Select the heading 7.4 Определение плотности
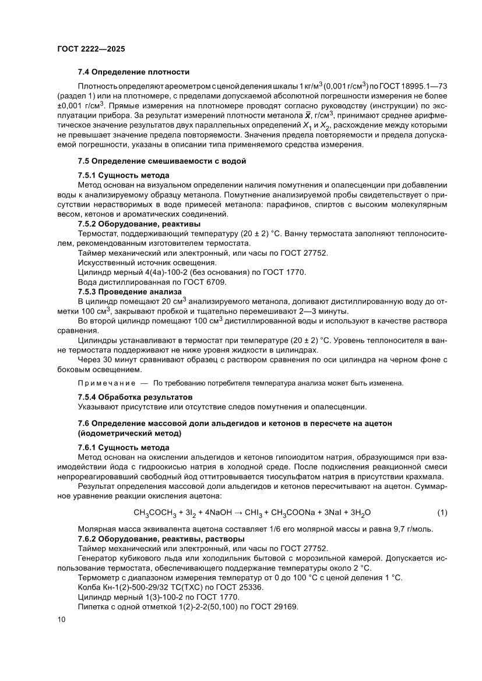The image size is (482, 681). point(133,72)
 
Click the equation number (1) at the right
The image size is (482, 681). point(442,512)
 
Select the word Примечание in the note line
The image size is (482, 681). point(105,383)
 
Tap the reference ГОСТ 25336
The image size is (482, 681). point(243,587)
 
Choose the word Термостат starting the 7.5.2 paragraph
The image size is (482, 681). point(97,233)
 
